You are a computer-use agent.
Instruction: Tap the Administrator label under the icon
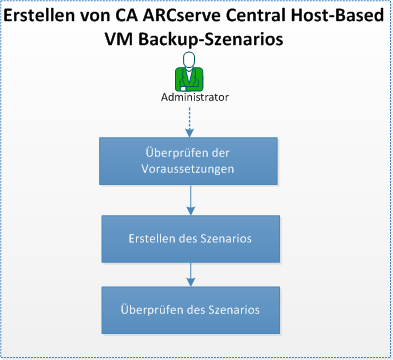pos(194,97)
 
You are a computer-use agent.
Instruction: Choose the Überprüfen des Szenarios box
pos(189,309)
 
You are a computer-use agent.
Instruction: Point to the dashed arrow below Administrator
pos(189,120)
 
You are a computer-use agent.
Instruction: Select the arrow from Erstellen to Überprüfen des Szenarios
pos(189,274)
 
